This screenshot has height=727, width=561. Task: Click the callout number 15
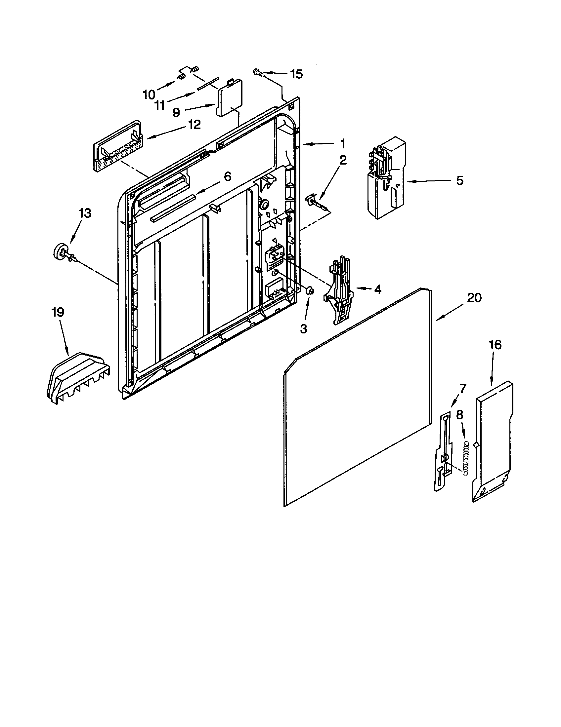296,74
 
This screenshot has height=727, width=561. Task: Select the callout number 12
194,125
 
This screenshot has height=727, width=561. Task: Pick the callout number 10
149,95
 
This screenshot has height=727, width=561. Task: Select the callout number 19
58,312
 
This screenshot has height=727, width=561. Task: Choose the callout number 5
459,181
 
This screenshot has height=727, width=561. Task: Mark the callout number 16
496,345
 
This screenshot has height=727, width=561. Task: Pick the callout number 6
227,176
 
